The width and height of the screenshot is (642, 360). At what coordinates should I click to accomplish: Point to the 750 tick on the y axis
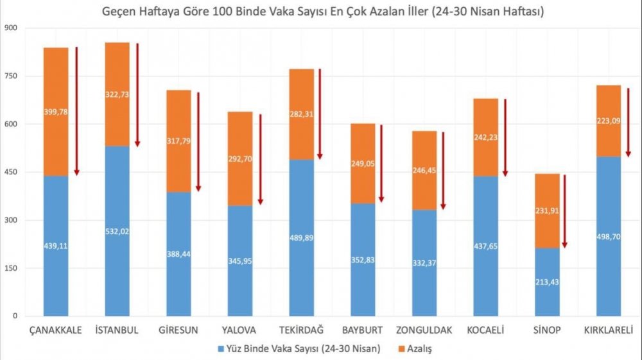(11, 76)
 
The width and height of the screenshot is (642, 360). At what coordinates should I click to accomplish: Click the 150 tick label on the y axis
(11, 268)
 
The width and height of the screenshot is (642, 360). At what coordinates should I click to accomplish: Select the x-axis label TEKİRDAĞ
(302, 330)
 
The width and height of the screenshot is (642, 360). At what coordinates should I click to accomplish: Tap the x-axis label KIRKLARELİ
(609, 330)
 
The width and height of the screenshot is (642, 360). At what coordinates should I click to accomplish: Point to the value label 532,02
(117, 232)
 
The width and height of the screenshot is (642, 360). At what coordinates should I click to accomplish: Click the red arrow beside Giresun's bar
(198, 141)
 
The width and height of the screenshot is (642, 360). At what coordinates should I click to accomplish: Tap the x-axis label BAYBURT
(363, 330)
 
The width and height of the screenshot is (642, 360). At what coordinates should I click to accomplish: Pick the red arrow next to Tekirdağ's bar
(320, 114)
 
